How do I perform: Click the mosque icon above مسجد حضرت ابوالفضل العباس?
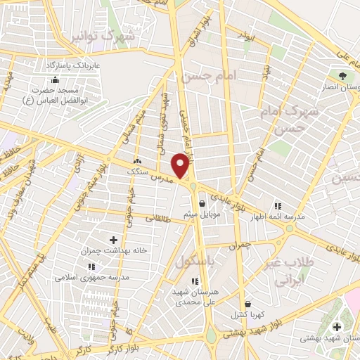tap(55, 79)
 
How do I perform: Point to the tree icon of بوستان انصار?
tap(342, 76)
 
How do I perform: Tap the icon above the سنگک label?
tap(138, 160)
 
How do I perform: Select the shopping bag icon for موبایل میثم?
tap(202, 203)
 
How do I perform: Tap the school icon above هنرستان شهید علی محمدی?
tap(195, 281)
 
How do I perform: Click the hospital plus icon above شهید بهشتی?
tap(337, 327)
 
